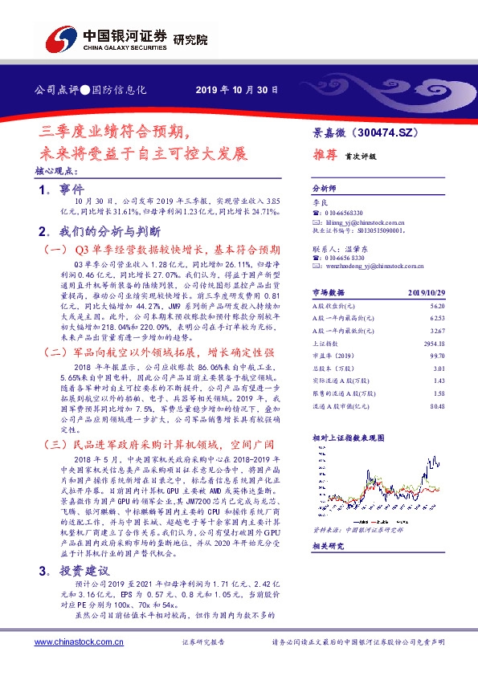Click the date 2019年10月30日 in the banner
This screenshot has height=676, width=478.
click(237, 90)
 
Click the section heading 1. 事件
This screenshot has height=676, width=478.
click(61, 189)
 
